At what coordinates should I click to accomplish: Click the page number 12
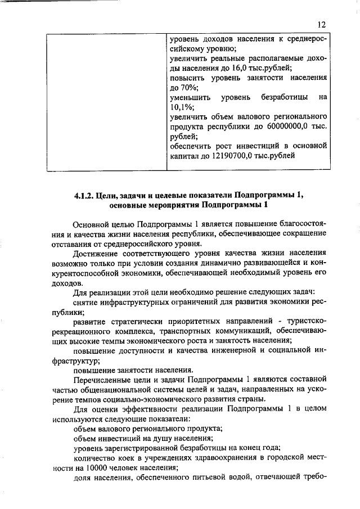coord(321,25)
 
